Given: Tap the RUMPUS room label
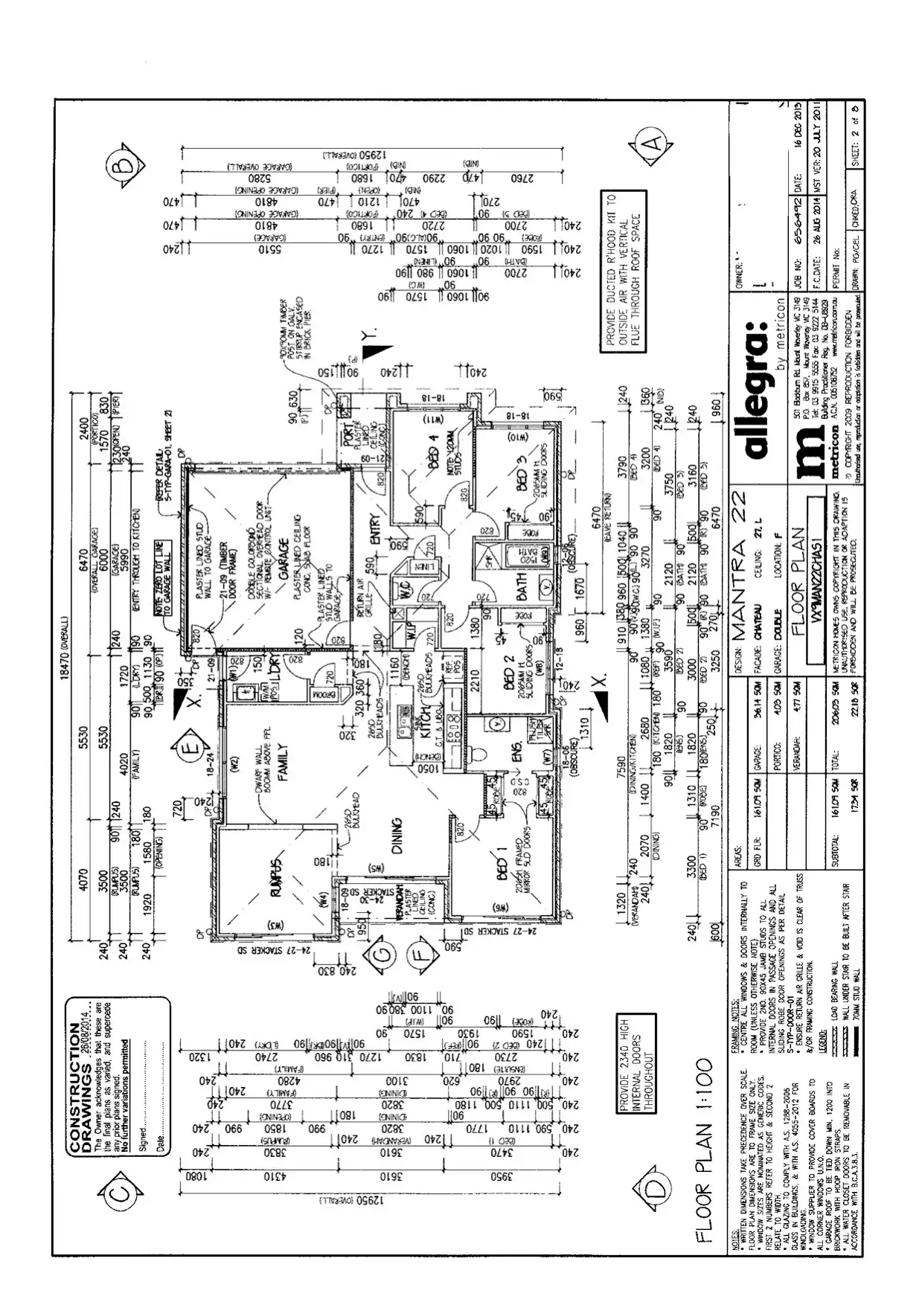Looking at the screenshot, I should [277, 878].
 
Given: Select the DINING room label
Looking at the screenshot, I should [396, 836].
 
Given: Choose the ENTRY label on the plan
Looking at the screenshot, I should [374, 530].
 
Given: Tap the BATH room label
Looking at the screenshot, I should [522, 586].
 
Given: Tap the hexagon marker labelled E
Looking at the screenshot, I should [192, 746].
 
